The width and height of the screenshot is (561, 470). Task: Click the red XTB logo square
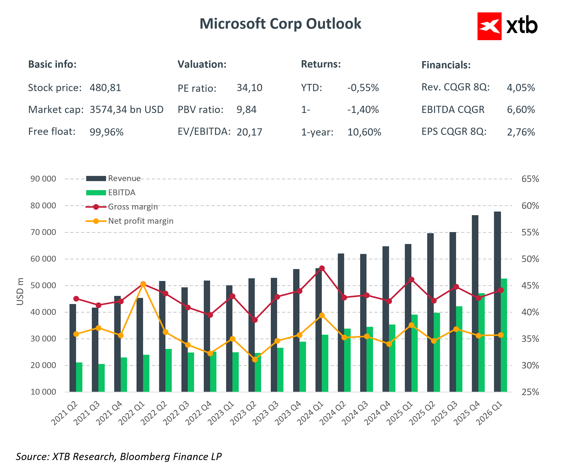pos(489,26)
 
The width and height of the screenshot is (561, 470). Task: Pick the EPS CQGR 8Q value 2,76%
pos(521,132)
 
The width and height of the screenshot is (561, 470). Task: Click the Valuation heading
pos(202,64)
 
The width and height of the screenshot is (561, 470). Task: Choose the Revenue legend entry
pos(113,178)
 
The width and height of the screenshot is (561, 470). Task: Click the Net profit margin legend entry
pos(129,221)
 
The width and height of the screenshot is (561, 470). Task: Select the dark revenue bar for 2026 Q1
pos(497,302)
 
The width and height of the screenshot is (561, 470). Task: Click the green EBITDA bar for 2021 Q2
pos(79,377)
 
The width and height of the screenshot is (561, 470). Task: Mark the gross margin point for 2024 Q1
pos(322,268)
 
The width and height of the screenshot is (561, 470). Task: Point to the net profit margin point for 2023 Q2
pos(255,360)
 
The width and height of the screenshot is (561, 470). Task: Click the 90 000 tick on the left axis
pos(43,179)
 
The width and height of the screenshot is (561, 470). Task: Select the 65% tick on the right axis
pos(530,179)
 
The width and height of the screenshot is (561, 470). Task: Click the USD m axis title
pos(20,291)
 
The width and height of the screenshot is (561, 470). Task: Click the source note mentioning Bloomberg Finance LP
pos(119,457)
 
